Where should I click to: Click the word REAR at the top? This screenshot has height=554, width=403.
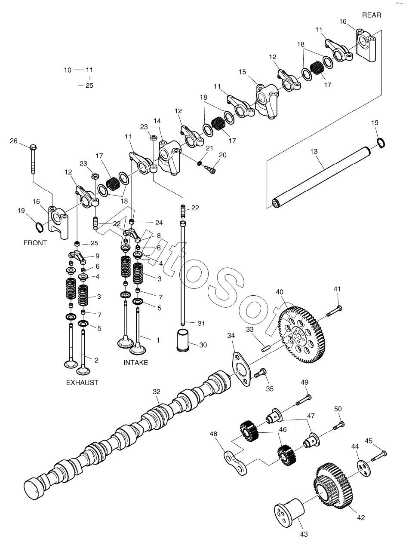pyautogui.click(x=371, y=15)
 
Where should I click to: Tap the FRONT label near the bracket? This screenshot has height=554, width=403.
pyautogui.click(x=35, y=243)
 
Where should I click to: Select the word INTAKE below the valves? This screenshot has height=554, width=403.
pyautogui.click(x=135, y=363)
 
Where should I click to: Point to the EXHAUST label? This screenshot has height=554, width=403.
pyautogui.click(x=82, y=383)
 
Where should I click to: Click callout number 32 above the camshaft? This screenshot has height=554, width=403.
pyautogui.click(x=157, y=392)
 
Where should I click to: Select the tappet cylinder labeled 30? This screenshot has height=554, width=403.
pyautogui.click(x=183, y=340)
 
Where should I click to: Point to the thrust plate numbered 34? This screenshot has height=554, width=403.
pyautogui.click(x=241, y=369)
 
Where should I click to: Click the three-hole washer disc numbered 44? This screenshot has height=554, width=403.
pyautogui.click(x=364, y=466)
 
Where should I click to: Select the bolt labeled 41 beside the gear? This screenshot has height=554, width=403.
pyautogui.click(x=335, y=311)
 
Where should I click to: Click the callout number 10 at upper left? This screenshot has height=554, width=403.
pyautogui.click(x=68, y=70)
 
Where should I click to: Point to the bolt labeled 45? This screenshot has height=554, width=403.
pyautogui.click(x=379, y=456)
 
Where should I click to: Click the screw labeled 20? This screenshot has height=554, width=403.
pyautogui.click(x=211, y=170)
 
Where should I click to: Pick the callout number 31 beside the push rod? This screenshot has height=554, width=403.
pyautogui.click(x=201, y=323)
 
